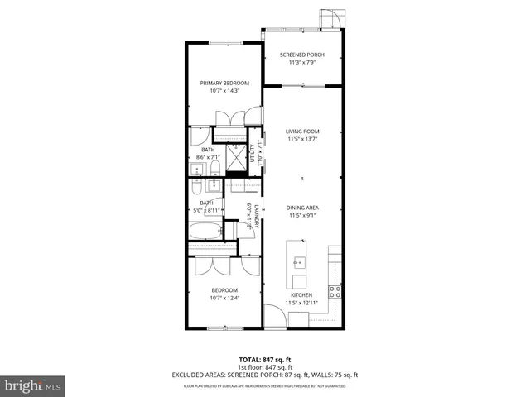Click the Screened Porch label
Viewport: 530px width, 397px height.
[x=301, y=55]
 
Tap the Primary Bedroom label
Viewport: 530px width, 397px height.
[x=221, y=83]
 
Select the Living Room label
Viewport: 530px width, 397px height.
[x=302, y=132]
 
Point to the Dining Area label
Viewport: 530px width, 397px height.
[x=302, y=207]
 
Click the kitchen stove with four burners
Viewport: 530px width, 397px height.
[x=335, y=290]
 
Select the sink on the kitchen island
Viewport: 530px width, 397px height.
[x=296, y=262]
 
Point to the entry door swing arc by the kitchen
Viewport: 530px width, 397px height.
[x=273, y=315]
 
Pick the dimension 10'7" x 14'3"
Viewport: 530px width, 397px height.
[x=221, y=91]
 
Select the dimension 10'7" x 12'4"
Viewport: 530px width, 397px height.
[x=224, y=299]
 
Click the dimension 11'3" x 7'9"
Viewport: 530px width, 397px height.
[x=301, y=63]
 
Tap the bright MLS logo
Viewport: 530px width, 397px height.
[x=32, y=385]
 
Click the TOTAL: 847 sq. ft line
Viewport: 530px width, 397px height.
[x=264, y=360]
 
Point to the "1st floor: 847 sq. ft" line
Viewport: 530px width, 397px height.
[x=264, y=367]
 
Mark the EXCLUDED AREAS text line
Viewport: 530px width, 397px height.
[x=264, y=375]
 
